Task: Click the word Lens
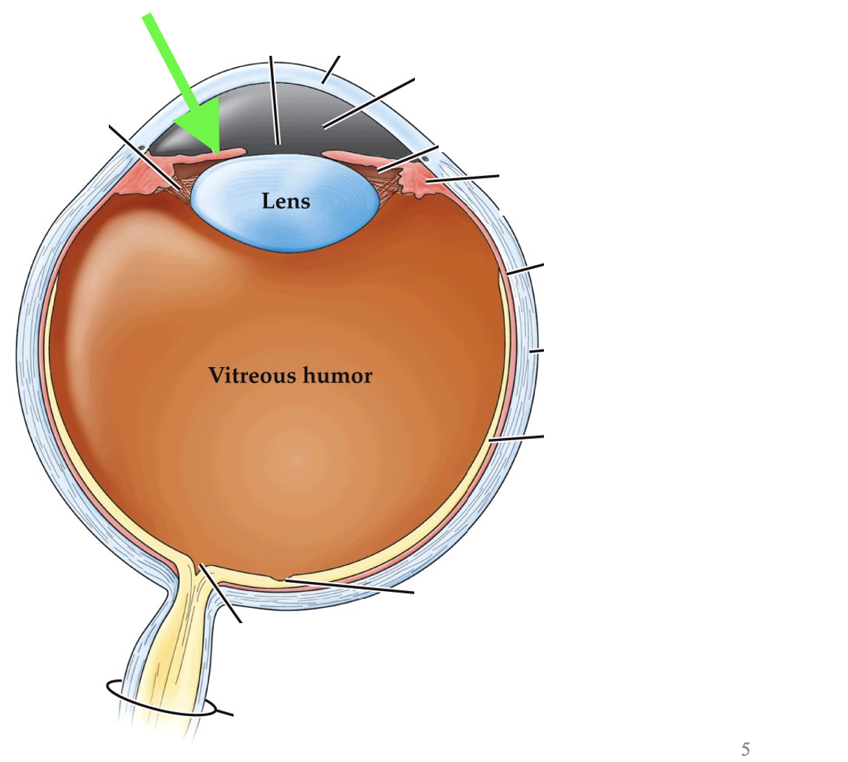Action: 286,202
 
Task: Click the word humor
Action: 338,375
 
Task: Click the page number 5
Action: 745,750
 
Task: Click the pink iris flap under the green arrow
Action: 223,152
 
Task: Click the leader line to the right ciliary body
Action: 464,178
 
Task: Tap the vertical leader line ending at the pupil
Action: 274,101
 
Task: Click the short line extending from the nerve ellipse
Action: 225,713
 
